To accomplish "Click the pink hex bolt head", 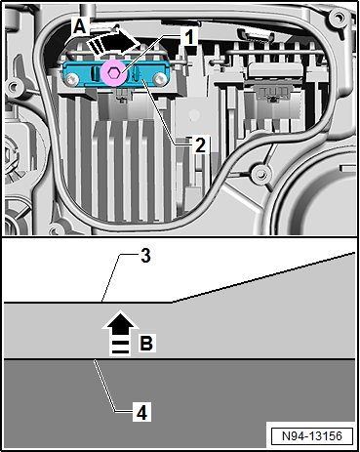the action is pos(113,73).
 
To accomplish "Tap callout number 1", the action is pos(189,36).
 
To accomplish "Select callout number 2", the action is pos(200,144).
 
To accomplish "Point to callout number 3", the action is pos(145,256).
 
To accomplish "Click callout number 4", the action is pos(141,412).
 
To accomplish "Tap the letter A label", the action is pos(80,26).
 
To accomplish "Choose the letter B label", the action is pos(146,343).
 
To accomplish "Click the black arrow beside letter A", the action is pos(113,42).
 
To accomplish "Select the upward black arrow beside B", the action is pos(120,332).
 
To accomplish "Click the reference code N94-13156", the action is pos(312,435).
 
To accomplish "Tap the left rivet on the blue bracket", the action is pos(70,79).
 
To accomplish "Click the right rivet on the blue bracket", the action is pos(159,79).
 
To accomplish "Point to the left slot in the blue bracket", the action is pos(95,73).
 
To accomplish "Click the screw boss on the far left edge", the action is pos(14,87).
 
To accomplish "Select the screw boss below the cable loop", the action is pos(260,175).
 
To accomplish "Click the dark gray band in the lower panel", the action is pos(180,402).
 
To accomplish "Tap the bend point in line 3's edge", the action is pos(173,303).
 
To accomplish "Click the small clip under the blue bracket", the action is pos(122,97).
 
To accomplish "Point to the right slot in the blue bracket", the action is pos(137,73).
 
